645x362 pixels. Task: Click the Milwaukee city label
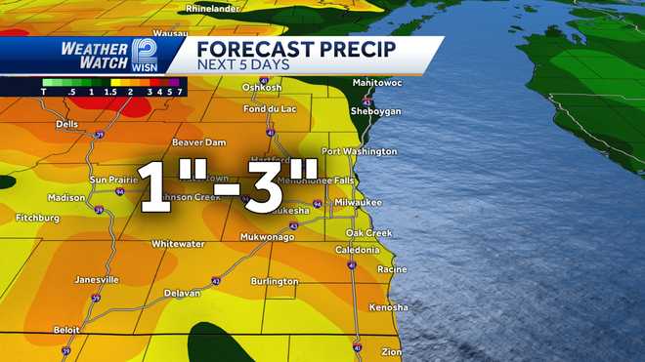click(358, 201)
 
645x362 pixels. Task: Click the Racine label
click(391, 268)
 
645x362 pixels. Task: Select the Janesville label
click(97, 279)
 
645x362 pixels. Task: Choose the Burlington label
click(275, 281)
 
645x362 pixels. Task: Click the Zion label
click(391, 350)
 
